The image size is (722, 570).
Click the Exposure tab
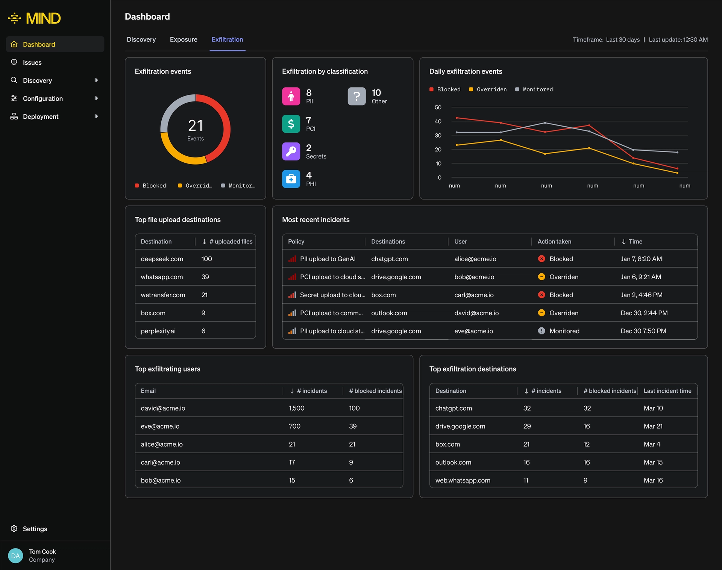coord(184,39)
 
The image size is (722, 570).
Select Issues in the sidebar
coord(32,62)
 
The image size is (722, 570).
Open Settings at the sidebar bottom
coord(35,529)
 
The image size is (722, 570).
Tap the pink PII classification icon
coord(291,97)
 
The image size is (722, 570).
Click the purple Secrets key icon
coord(291,151)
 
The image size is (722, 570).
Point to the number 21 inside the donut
coord(195,125)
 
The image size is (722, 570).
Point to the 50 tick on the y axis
coord(438,107)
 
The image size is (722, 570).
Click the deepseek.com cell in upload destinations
coord(162,259)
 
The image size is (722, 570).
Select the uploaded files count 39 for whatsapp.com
coord(205,277)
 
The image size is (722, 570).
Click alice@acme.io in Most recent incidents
coord(475,259)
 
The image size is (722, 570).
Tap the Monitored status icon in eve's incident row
coord(541,331)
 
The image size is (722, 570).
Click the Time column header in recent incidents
coord(635,242)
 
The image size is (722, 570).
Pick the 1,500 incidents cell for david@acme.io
coord(296,408)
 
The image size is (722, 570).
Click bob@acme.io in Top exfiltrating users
coord(161,480)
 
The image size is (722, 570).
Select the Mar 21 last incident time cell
coord(653,426)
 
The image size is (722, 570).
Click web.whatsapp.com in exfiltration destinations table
coord(463,480)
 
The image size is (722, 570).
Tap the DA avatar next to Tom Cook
coord(15,556)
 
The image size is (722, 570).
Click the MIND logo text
coord(43,18)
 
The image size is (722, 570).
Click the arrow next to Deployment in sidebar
coord(97,116)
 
